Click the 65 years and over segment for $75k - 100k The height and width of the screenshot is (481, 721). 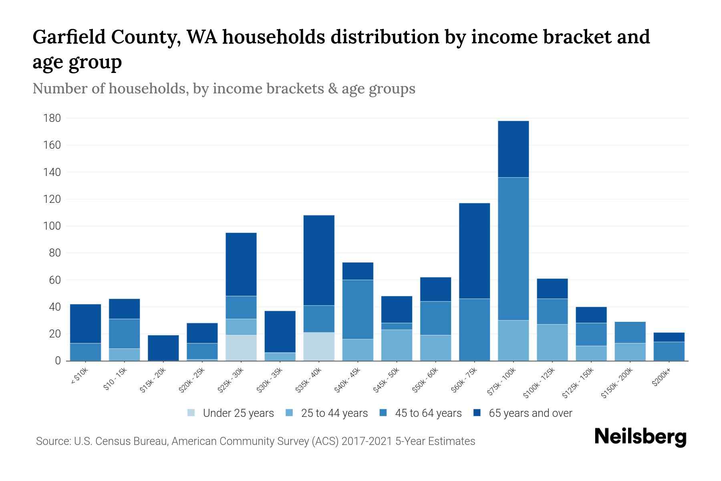pos(513,149)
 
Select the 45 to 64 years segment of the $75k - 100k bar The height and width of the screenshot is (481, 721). pos(513,249)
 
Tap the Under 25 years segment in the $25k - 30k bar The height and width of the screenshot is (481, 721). pos(241,348)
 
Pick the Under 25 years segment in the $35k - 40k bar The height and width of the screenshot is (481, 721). pos(319,346)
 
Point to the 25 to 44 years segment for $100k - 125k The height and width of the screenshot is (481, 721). pos(552,342)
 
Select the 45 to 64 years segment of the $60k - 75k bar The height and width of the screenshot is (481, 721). pos(474,329)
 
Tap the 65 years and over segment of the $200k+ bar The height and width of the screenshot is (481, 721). pos(669,337)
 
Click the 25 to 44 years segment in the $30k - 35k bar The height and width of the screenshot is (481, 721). pos(280,356)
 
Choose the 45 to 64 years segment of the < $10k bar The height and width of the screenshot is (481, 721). pos(85,352)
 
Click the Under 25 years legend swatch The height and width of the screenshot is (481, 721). pos(191,413)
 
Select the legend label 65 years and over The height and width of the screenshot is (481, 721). pos(530,413)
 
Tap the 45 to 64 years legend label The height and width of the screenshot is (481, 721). pos(428,413)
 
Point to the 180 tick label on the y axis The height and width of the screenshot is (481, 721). pos(52,118)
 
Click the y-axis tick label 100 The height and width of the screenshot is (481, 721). pos(52,226)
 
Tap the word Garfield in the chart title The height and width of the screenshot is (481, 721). pos(70,37)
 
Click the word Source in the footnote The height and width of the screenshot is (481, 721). pos(52,441)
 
